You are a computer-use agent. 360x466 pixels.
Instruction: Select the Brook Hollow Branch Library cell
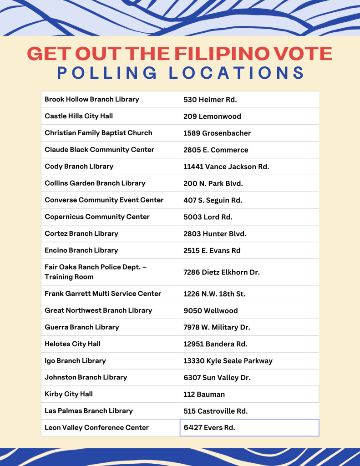coord(92,99)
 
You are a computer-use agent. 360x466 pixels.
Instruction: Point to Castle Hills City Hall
coord(79,116)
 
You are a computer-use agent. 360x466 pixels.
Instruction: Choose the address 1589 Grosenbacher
coord(217,133)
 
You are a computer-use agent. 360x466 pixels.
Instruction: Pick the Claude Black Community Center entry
coord(99,150)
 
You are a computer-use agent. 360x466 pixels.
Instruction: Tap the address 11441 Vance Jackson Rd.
coord(226,167)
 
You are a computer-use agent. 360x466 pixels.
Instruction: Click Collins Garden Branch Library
coord(95,183)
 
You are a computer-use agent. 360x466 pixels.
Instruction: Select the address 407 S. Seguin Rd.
coord(213,200)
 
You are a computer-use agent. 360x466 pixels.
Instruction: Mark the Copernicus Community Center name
coord(97,217)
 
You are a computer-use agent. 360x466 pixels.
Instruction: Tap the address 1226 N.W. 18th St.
coord(214,294)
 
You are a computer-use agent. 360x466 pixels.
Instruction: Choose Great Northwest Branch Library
coord(98,310)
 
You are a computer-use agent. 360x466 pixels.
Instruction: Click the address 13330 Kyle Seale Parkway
coord(228,361)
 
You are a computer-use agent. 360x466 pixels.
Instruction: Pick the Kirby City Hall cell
coord(69,394)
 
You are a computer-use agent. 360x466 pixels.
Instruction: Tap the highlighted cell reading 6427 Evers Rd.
coord(249,428)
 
